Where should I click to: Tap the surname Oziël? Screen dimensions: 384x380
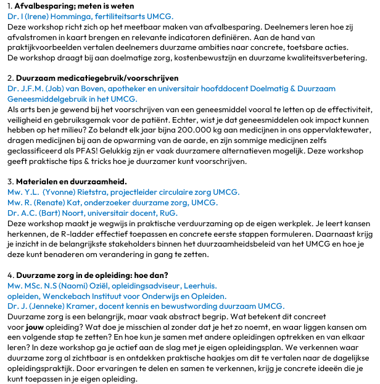pyautogui.click(x=109, y=285)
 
